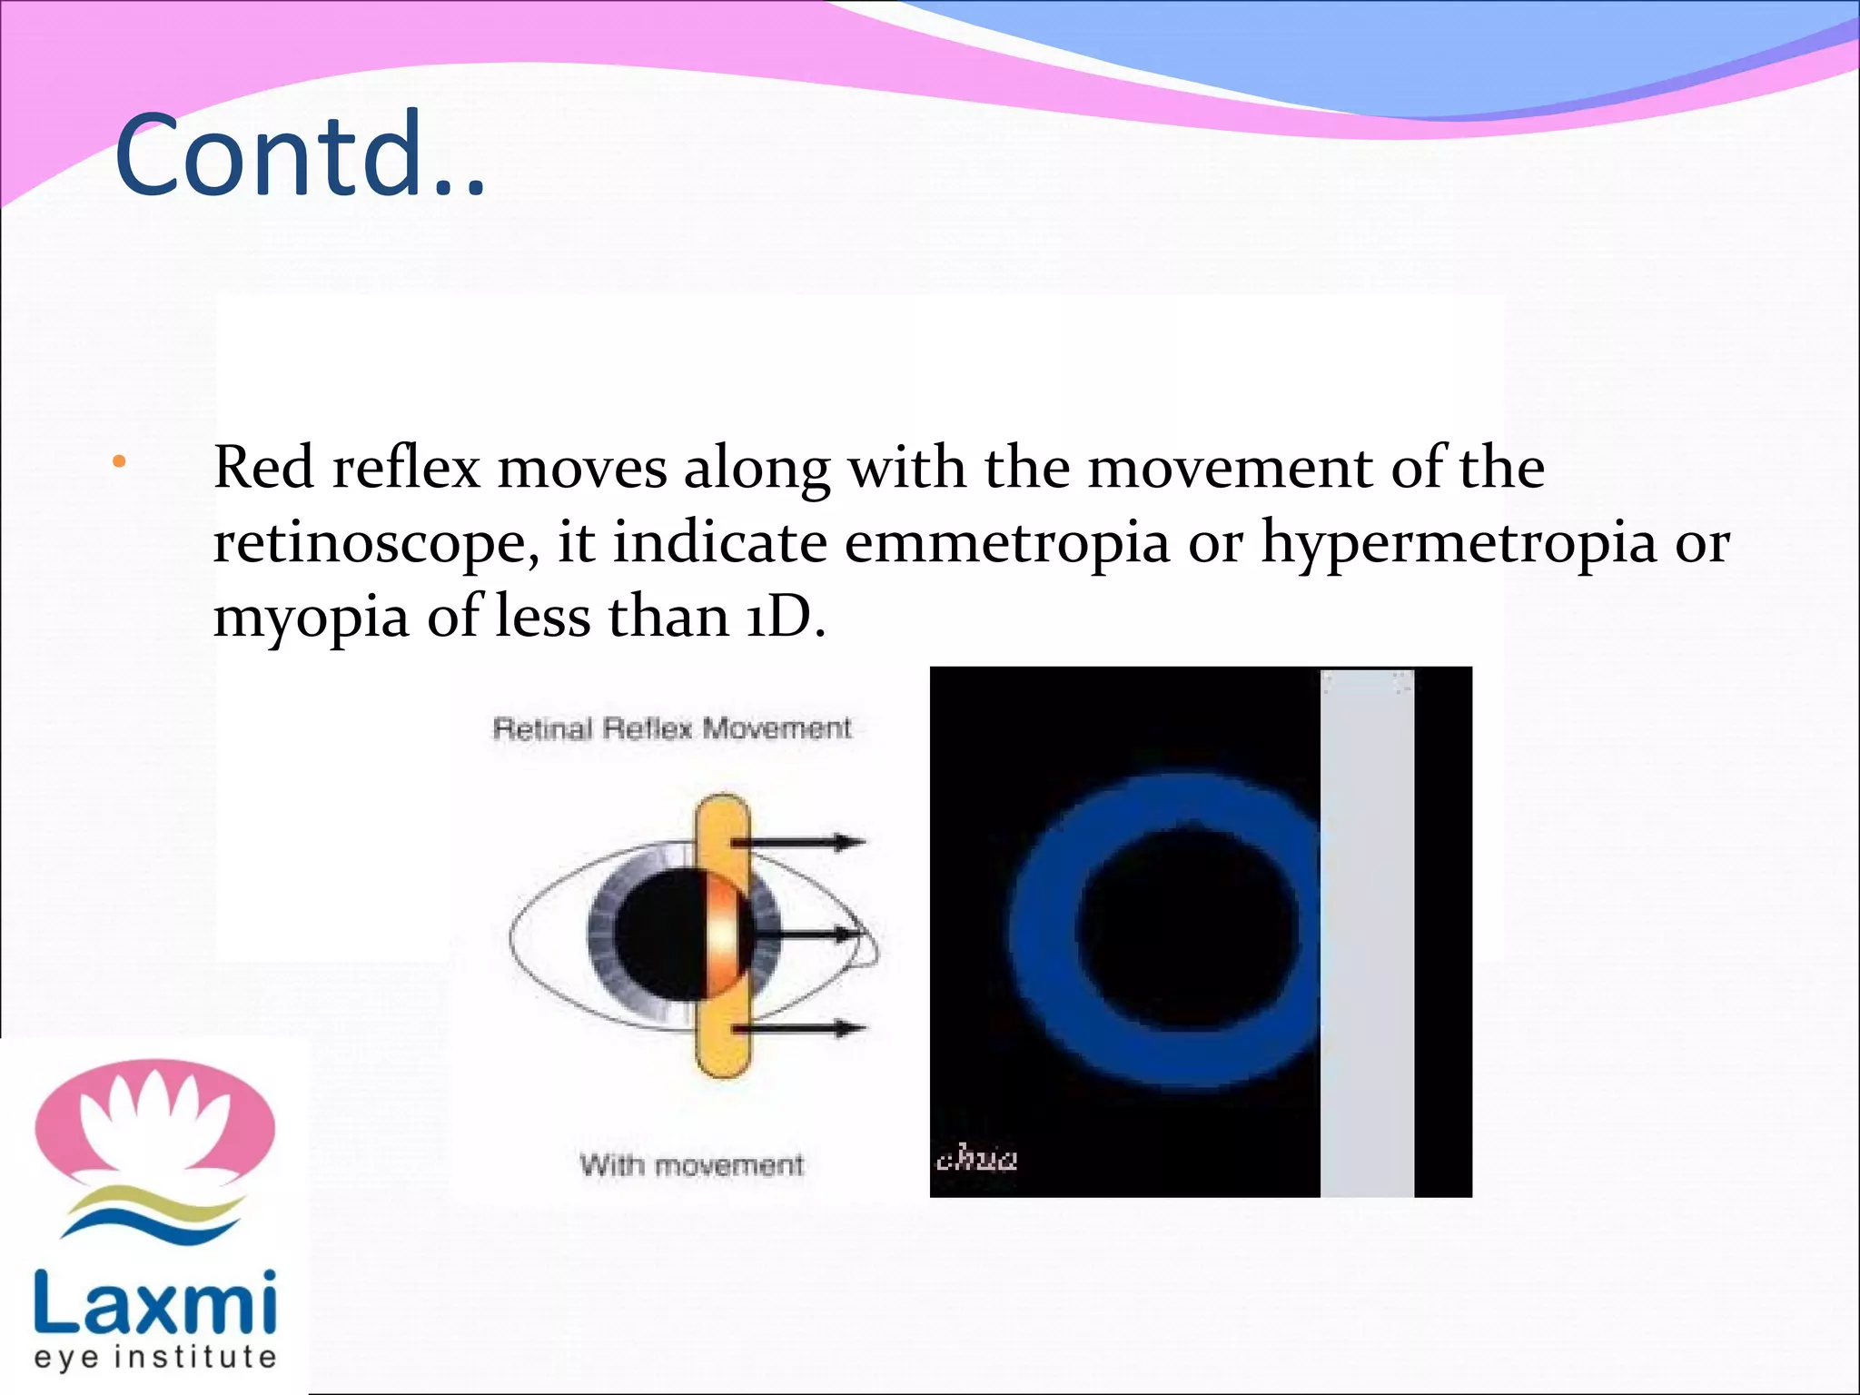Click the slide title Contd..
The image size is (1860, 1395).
300,154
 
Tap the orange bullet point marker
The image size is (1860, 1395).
119,463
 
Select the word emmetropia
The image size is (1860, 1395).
1006,543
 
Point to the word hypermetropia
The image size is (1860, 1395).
1459,543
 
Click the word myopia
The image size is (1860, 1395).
311,618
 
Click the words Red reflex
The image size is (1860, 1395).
346,468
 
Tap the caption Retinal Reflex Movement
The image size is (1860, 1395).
672,728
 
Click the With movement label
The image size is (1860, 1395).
692,1165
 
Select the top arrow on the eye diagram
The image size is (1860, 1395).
799,843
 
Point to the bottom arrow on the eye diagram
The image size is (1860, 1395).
799,1028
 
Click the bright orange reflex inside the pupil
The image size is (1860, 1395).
726,935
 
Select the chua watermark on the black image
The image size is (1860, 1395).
976,1160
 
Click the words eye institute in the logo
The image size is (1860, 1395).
154,1357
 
